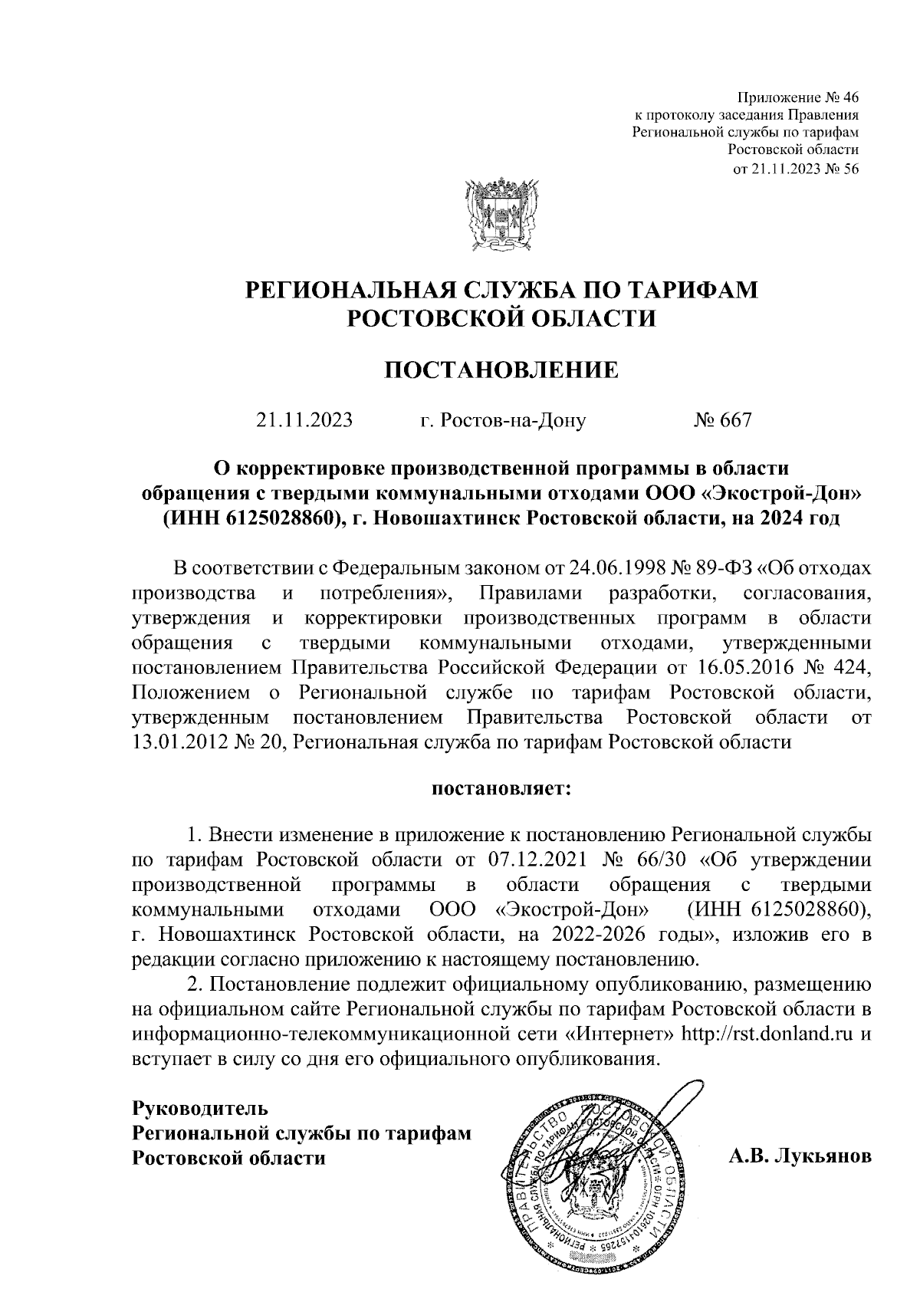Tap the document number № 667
[x=722, y=420]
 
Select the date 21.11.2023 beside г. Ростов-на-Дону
[x=304, y=420]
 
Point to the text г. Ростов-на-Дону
[x=503, y=420]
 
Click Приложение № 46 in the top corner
[x=797, y=97]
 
